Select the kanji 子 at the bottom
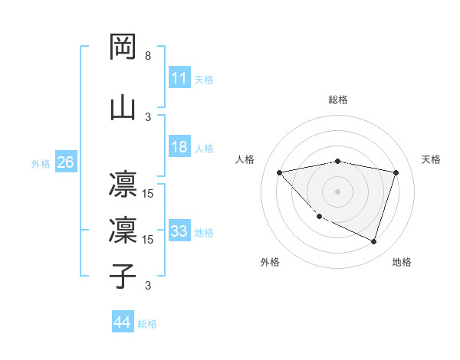pos(123,276)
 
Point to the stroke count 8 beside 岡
pos(148,57)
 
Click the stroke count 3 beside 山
pos(148,117)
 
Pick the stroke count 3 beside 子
pos(148,286)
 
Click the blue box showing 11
pos(179,78)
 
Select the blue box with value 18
pos(179,147)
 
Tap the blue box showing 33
pos(179,231)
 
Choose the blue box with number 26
pos(65,162)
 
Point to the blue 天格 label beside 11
pos(204,80)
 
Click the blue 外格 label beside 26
pos(41,163)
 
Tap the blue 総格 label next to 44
pos(147,324)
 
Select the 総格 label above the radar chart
pos(338,100)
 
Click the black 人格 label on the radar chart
pos(245,159)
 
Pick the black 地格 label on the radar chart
pos(402,262)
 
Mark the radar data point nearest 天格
pos(396,172)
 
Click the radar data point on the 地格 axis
pos(373,241)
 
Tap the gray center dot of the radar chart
pos(338,191)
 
